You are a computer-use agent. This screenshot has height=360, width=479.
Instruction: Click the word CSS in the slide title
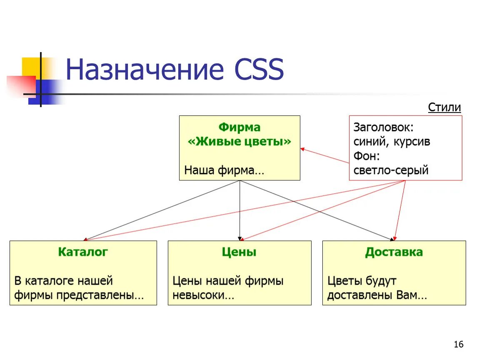[x=259, y=70]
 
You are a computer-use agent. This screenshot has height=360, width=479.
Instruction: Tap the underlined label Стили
[x=444, y=107]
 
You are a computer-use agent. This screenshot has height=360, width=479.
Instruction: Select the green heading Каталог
[x=83, y=252]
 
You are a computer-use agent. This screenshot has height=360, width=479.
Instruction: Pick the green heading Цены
[x=239, y=252]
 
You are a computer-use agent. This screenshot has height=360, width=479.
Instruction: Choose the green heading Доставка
[x=394, y=252]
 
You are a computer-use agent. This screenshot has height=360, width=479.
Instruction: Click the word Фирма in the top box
[x=239, y=127]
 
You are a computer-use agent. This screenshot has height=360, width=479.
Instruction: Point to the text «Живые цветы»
[x=239, y=141]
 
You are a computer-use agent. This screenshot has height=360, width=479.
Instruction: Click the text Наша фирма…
[x=224, y=170]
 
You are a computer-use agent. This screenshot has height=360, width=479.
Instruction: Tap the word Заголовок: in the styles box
[x=383, y=127]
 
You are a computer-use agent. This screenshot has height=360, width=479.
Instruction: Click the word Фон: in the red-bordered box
[x=367, y=156]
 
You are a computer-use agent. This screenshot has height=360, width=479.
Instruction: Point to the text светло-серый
[x=391, y=170]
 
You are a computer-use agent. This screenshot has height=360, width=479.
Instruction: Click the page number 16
[x=458, y=344]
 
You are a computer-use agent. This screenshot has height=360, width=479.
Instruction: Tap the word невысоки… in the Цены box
[x=203, y=295]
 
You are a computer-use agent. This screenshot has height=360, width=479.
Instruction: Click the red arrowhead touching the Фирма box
[x=303, y=149]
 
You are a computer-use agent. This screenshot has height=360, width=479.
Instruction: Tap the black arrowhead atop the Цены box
[x=240, y=238]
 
